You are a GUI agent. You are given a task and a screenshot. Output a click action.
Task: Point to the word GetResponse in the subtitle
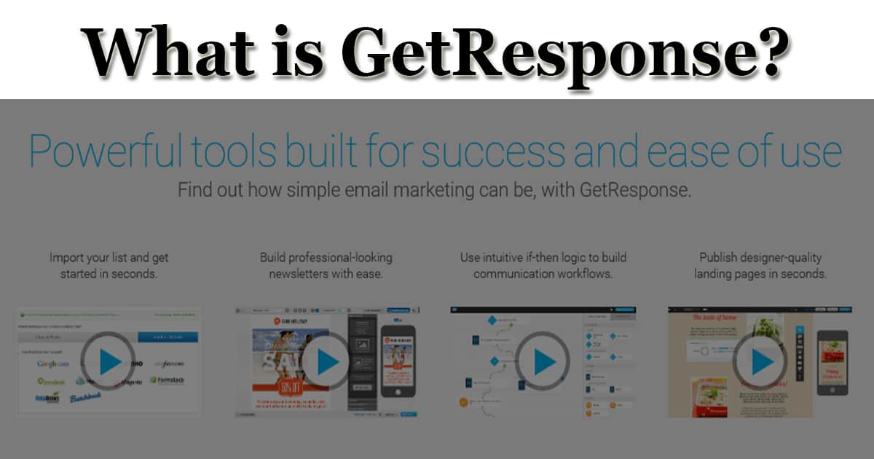[x=634, y=191]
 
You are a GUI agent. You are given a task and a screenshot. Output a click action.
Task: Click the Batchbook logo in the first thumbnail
[x=86, y=398]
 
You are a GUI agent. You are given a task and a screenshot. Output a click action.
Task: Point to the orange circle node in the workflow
[x=462, y=401]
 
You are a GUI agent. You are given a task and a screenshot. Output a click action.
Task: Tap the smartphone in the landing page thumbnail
[x=832, y=362]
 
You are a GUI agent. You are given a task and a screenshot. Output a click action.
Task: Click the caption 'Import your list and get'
[x=109, y=257]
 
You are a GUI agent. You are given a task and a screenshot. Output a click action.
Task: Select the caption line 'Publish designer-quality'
[x=760, y=257]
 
